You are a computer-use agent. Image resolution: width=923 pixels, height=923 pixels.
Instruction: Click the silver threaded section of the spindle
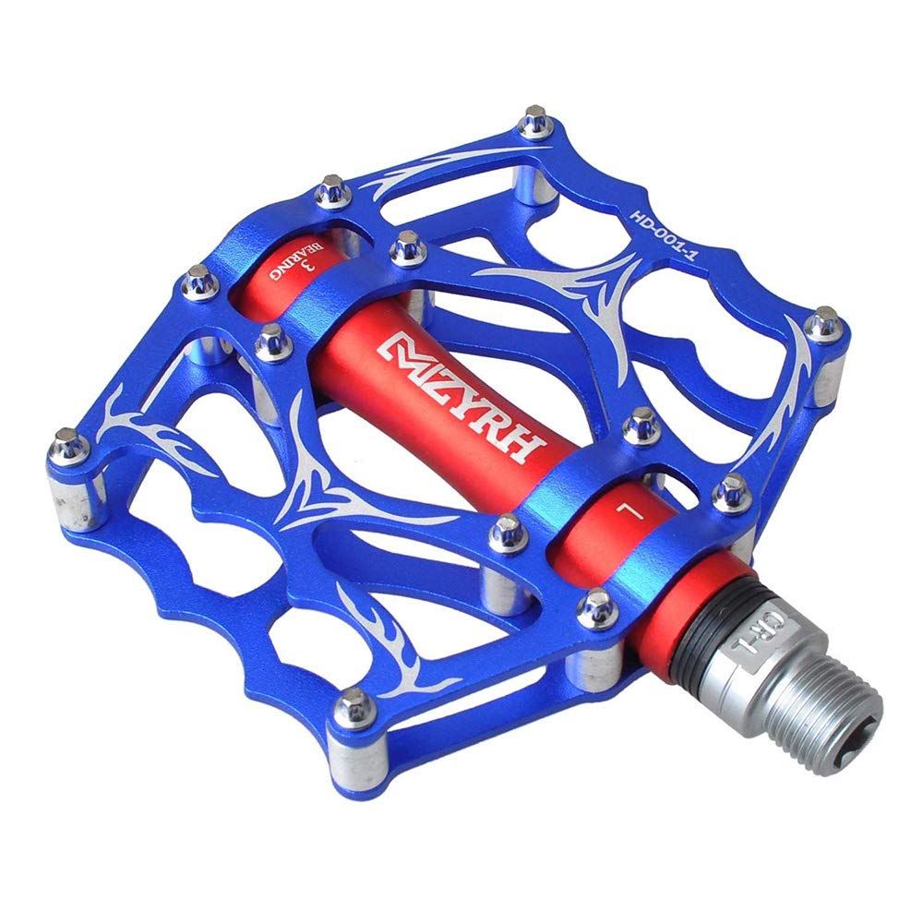(x=824, y=715)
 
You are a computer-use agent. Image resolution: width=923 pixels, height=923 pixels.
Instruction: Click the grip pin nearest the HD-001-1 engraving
(x=535, y=121)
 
